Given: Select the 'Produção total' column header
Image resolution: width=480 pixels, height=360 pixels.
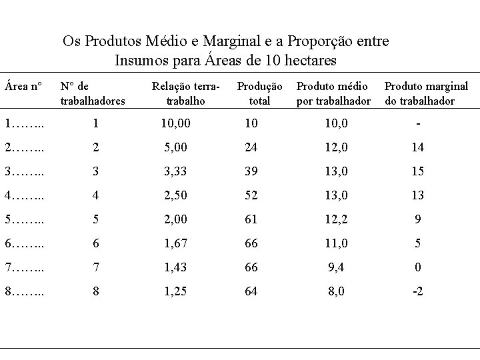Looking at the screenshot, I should [x=260, y=93].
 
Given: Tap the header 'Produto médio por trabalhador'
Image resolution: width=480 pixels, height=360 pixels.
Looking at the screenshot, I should [x=333, y=93].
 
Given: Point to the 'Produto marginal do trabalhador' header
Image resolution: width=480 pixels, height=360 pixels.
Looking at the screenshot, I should [x=427, y=93].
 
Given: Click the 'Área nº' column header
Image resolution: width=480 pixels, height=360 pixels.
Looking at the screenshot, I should [x=23, y=86].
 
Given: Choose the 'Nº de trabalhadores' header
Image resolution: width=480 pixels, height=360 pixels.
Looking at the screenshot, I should [x=93, y=93].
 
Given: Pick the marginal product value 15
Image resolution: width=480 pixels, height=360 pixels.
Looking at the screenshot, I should [x=418, y=171].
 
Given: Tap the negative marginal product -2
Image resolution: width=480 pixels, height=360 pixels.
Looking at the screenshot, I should [x=418, y=291].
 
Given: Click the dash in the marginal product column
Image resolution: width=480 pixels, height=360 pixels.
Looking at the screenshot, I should [x=418, y=123].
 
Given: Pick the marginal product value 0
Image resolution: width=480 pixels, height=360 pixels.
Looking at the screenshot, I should [x=418, y=267].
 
